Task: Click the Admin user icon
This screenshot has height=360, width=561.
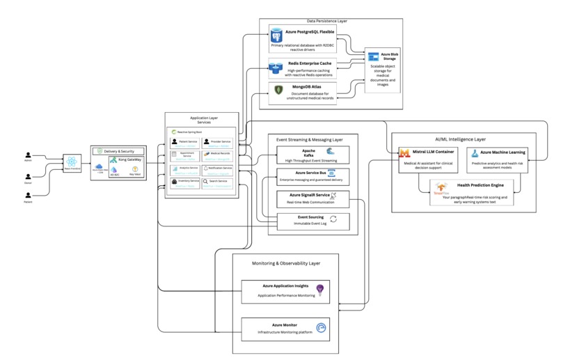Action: pos(28,155)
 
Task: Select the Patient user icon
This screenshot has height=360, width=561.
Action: pos(28,196)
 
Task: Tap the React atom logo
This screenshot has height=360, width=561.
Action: pos(72,162)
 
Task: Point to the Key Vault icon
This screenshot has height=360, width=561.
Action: pos(135,169)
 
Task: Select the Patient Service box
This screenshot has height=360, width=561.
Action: pos(184,143)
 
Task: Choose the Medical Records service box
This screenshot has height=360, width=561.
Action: pos(218,155)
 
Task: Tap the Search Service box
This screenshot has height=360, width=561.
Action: pos(218,182)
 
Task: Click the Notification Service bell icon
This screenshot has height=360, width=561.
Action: pos(206,168)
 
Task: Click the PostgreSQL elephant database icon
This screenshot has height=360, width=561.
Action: pos(277,35)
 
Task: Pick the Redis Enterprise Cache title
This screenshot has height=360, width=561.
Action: pos(310,63)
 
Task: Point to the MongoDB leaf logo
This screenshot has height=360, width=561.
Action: pos(278,90)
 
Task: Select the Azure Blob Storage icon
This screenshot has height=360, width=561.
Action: pos(374,56)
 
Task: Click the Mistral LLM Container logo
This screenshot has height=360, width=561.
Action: pos(404,153)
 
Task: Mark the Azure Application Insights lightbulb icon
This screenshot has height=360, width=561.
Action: pos(320,289)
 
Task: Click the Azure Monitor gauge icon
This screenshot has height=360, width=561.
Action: pos(321,328)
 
